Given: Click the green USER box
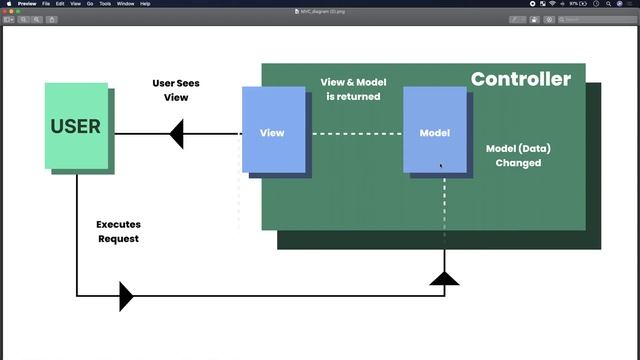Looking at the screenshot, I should (x=76, y=126).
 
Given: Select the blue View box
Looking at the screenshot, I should (x=273, y=129).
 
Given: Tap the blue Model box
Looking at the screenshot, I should (x=435, y=129).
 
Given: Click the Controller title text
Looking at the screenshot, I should (x=520, y=79).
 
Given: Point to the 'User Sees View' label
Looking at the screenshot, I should (x=176, y=90).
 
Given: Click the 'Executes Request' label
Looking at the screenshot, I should (x=118, y=232).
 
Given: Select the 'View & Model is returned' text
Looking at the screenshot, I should (x=353, y=89).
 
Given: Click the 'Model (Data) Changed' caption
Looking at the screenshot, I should (x=518, y=155).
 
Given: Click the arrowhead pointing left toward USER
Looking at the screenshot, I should (x=176, y=133).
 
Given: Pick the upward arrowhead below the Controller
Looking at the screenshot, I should (x=444, y=277).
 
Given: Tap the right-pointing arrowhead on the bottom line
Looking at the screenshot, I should (x=125, y=296).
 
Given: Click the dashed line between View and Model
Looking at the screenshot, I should (x=355, y=133).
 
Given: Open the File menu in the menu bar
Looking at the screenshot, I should (x=46, y=4).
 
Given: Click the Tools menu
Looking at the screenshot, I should (x=105, y=4).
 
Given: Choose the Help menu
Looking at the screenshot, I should (x=145, y=4).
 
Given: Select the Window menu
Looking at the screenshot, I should (x=125, y=4).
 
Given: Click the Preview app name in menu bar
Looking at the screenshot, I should (x=27, y=4).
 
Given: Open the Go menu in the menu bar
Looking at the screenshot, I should (x=89, y=4).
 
